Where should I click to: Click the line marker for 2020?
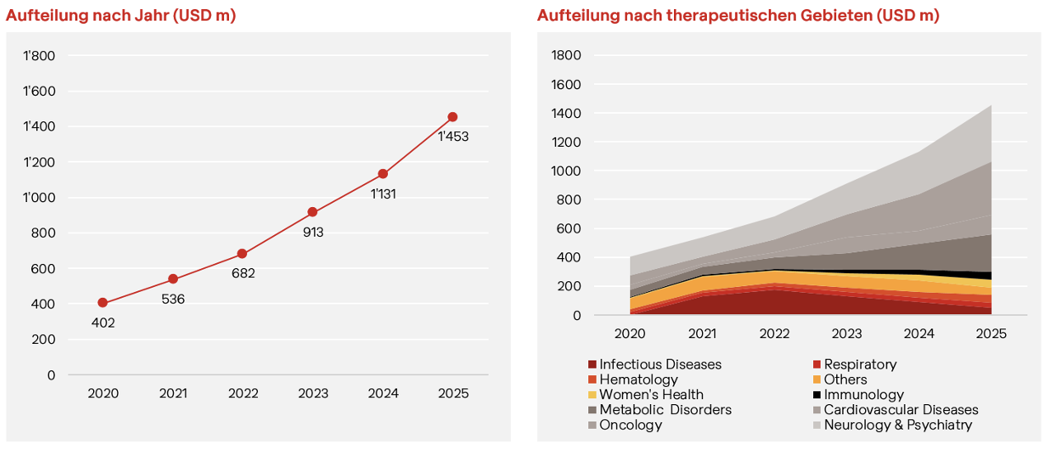pyautogui.click(x=102, y=303)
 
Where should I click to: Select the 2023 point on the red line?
pyautogui.click(x=312, y=212)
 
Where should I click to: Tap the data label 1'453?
pyautogui.click(x=452, y=137)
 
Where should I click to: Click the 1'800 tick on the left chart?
pyautogui.click(x=40, y=56)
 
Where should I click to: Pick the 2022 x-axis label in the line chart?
pyautogui.click(x=242, y=393)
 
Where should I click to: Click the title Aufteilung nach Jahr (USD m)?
pyautogui.click(x=121, y=15)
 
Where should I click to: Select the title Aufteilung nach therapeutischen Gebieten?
pyautogui.click(x=738, y=15)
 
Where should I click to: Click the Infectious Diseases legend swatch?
pyautogui.click(x=592, y=365)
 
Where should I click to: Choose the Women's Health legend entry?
pyautogui.click(x=651, y=395)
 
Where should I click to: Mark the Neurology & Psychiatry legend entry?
pyautogui.click(x=898, y=425)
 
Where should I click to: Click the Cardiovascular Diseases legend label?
pyautogui.click(x=901, y=410)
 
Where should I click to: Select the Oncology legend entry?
pyautogui.click(x=630, y=425)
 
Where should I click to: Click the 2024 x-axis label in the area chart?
pyautogui.click(x=919, y=333)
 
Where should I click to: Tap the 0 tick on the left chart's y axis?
pyautogui.click(x=51, y=374)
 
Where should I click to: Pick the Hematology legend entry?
pyautogui.click(x=639, y=379)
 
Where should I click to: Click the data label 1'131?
pyautogui.click(x=384, y=194)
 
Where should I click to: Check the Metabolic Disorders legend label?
pyautogui.click(x=665, y=410)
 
